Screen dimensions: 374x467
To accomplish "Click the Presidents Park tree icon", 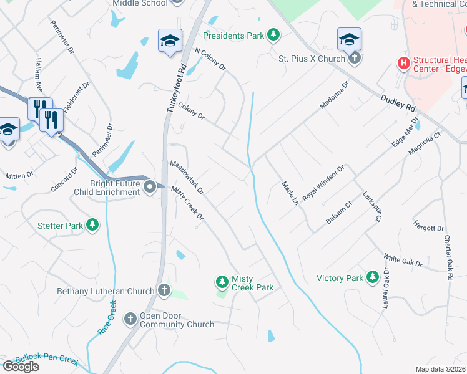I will click(273, 36).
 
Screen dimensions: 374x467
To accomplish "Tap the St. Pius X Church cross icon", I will click(354, 59).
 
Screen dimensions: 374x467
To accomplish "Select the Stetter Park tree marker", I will click(92, 225).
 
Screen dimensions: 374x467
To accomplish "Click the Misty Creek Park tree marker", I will click(222, 282).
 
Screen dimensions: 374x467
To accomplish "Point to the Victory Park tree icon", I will click(373, 277).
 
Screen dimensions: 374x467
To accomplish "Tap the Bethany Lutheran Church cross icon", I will click(164, 290).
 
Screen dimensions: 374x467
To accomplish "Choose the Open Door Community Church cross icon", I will click(130, 319).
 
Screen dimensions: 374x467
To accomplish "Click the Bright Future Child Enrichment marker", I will click(150, 187).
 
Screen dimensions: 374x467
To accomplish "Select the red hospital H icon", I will click(404, 63).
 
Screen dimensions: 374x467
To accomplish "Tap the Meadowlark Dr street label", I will click(187, 176).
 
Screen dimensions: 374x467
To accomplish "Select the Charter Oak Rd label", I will click(448, 257).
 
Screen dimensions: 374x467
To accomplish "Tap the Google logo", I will click(21, 366).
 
